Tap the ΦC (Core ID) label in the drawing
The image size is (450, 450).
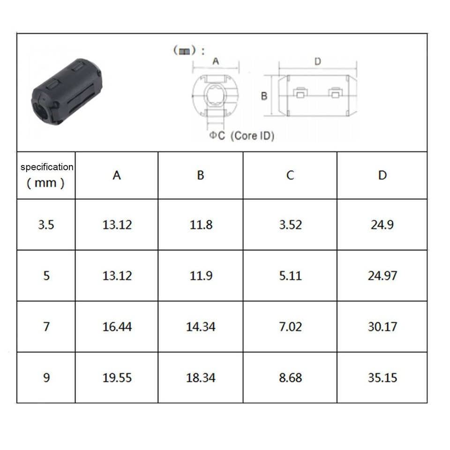241,135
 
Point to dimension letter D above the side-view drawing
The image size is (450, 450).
317,61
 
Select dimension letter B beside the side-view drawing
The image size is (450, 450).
264,96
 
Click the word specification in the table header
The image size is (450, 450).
47,167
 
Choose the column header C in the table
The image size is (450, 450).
290,175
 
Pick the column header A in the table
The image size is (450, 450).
117,175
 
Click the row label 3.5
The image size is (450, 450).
46,225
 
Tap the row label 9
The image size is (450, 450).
46,377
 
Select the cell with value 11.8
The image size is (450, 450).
201,225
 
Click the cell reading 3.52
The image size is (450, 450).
290,225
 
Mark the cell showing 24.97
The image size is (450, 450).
382,275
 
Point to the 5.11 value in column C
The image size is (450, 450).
290,275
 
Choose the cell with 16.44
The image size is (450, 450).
117,326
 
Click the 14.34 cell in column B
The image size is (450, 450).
201,326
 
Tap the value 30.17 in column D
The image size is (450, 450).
382,326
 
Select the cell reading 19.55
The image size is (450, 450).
117,377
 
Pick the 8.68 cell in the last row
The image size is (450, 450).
290,377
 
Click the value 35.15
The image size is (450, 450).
382,377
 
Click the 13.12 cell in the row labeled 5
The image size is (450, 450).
117,275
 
